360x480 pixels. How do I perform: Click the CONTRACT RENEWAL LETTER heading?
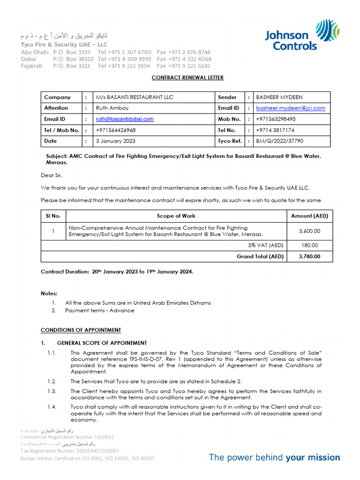pos(180,78)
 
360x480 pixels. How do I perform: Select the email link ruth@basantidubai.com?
pos(125,119)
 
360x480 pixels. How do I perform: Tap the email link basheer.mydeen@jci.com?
pos(291,108)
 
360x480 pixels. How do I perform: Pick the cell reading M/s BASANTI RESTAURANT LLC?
pos(135,97)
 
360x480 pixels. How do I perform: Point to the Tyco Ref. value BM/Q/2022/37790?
pos(279,141)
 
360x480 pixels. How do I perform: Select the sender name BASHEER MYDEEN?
pos(279,97)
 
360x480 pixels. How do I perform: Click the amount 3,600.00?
pos(309,231)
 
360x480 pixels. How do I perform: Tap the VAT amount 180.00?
pos(309,245)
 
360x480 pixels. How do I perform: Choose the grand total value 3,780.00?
pos(309,256)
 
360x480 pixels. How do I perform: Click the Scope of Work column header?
pos(176,216)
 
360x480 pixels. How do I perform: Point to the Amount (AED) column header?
pos(309,216)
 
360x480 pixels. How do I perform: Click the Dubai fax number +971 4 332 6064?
pos(184,60)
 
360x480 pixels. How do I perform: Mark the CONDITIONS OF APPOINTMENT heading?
pos(81,330)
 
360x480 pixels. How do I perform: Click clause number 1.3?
pos(52,391)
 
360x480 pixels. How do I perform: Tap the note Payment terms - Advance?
pos(97,310)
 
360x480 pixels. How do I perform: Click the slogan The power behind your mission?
pos(274,457)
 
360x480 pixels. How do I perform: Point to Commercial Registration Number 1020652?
pos(67,437)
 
